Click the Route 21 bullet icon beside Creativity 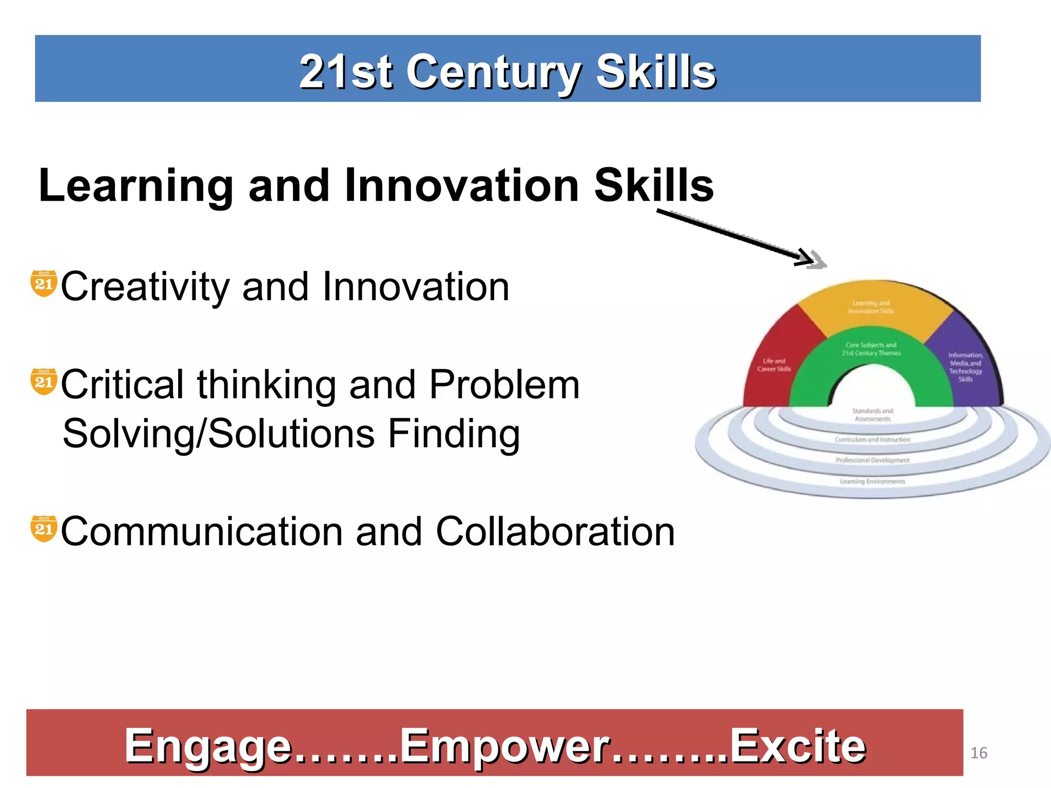click(x=44, y=283)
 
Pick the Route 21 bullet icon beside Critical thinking click(x=44, y=382)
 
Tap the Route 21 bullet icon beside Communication click(x=44, y=529)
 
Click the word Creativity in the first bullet click(x=145, y=287)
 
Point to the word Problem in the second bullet click(x=504, y=385)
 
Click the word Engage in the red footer click(x=207, y=746)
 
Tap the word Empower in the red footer click(x=505, y=746)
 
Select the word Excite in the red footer click(x=797, y=746)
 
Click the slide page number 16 click(x=979, y=753)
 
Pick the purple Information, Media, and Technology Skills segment click(x=965, y=367)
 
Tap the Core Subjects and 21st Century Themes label click(x=871, y=349)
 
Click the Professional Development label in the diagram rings click(x=872, y=460)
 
